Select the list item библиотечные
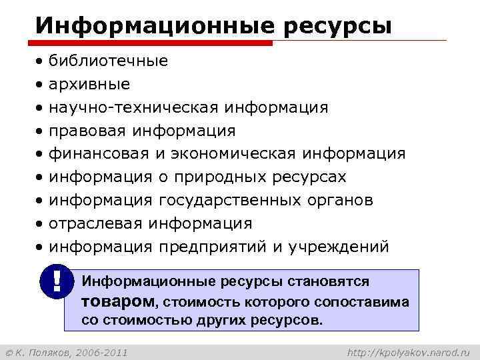pyautogui.click(x=108, y=61)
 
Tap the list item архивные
pyautogui.click(x=89, y=85)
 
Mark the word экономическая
pyautogui.click(x=233, y=154)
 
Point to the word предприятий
pyautogui.click(x=213, y=247)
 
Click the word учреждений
pyautogui.click(x=338, y=247)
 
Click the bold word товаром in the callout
pyautogui.click(x=117, y=301)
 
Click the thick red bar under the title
pyautogui.click(x=154, y=43)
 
